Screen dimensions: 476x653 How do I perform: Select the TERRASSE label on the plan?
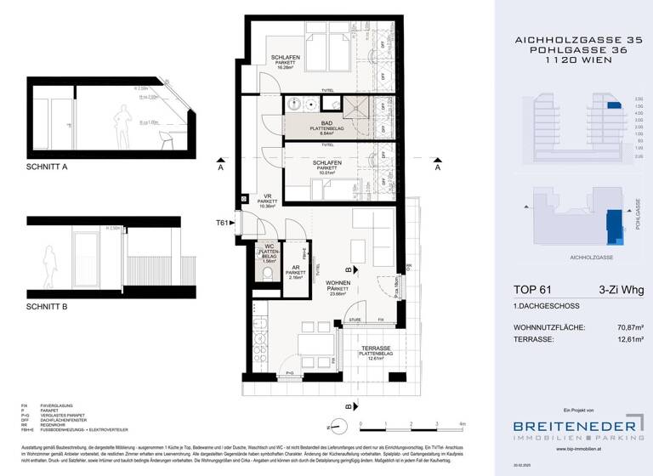coord(374,349)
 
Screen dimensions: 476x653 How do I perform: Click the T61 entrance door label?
coord(223,223)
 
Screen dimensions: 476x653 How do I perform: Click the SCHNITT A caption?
coord(47,168)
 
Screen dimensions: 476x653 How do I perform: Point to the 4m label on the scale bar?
coord(462,422)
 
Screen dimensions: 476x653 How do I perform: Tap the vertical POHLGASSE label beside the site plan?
coord(637,215)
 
